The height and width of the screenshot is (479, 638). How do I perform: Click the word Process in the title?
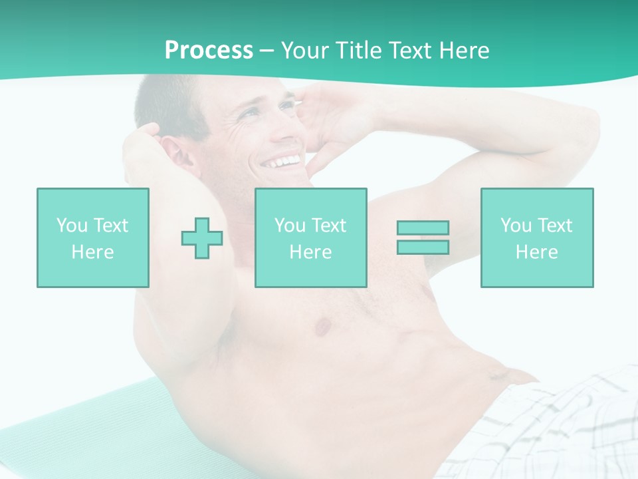209,51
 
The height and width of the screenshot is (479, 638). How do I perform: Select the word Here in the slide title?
461,51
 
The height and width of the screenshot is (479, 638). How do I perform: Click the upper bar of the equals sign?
423,228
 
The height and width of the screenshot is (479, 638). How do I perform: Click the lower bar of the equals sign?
423,247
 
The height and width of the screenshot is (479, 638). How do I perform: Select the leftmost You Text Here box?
93,238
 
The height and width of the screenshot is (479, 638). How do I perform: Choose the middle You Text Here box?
311,238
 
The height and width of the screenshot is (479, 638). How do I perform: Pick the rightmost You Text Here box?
537,238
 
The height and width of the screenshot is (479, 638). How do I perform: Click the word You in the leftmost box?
72,226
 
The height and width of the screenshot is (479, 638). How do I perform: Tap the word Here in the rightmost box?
537,252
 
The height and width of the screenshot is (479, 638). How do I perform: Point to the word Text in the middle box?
328,226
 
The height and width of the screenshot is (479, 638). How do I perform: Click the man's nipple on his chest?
324,326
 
